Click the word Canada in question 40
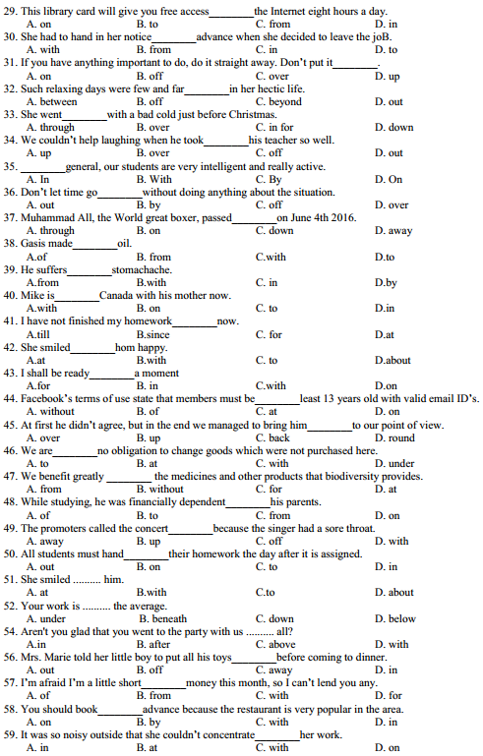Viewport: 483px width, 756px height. tap(122, 295)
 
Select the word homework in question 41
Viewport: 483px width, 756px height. tap(146, 321)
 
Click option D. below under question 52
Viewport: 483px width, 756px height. tap(394, 618)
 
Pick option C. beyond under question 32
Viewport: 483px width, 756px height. tap(278, 101)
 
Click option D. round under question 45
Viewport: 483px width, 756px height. tap(394, 437)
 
